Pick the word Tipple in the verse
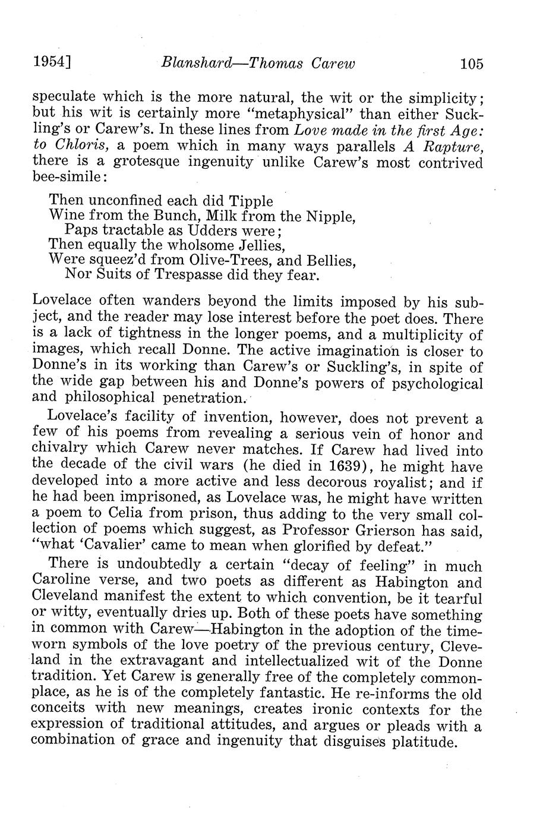(249, 201)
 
